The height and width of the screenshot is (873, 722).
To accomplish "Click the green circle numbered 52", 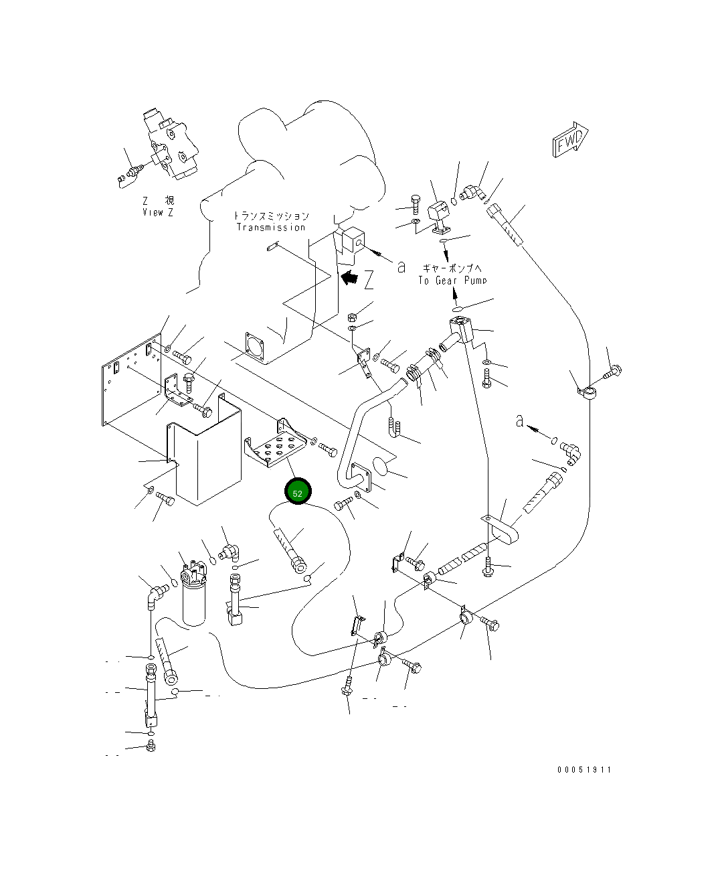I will click(x=298, y=492).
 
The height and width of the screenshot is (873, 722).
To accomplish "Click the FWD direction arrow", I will click(x=569, y=140).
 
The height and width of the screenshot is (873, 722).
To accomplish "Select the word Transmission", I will click(x=270, y=228).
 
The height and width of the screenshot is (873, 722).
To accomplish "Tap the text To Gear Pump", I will click(x=452, y=281).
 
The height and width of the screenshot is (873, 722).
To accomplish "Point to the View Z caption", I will click(x=158, y=212).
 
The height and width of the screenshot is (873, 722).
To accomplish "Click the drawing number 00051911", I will click(x=583, y=770).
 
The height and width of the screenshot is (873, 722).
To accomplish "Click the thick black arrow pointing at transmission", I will click(x=349, y=276).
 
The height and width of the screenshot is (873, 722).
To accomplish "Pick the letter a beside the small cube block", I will click(x=401, y=266).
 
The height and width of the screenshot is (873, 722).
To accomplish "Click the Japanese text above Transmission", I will click(x=271, y=216).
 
